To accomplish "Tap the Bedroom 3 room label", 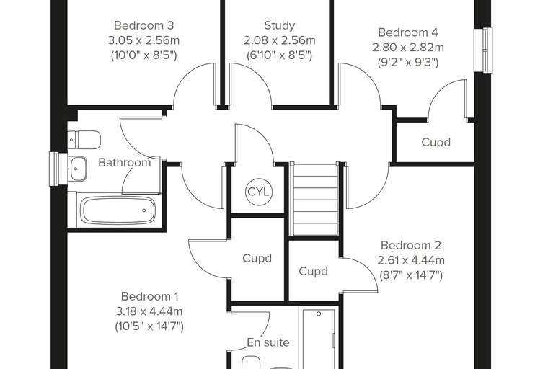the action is point(144,25).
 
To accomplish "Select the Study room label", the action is point(280,25).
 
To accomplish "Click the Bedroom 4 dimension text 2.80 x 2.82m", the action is point(408,48).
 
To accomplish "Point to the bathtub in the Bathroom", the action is point(118,210).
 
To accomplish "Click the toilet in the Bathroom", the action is point(84,140).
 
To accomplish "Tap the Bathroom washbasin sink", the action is point(77,169).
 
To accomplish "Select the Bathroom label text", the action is point(125,162).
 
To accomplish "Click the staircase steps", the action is point(316,200).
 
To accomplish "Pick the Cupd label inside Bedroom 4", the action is point(436,143).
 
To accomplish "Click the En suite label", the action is point(268,342).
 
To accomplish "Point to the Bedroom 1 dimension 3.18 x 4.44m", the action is point(149,311).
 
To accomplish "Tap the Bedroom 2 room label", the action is point(411,245).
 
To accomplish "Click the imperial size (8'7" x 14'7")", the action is point(411,276).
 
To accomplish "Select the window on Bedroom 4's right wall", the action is point(483,50).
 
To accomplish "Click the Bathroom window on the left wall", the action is point(58,169).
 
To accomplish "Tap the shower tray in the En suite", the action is point(319,339).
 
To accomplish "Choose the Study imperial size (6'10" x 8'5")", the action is point(279,55).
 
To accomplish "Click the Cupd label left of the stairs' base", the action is point(257,259).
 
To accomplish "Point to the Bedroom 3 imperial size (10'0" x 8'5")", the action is point(144,55).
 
